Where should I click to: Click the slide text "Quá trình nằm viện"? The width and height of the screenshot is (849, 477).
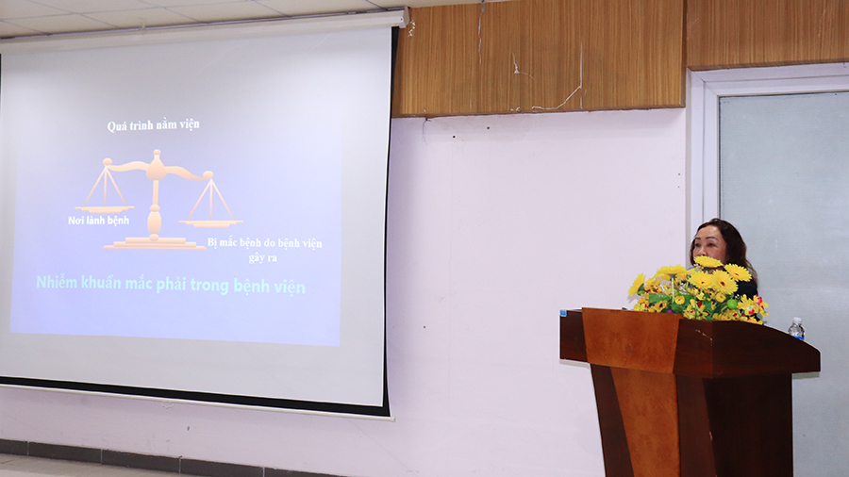[x=153, y=125]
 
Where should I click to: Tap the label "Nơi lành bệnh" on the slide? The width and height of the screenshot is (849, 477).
[x=98, y=220]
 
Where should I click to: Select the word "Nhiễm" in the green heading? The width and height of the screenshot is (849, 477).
[x=57, y=282]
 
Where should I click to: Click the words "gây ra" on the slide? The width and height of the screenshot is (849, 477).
[x=262, y=258]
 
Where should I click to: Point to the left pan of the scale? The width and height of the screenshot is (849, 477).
[x=104, y=208]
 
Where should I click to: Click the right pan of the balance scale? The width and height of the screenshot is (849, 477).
[x=210, y=222]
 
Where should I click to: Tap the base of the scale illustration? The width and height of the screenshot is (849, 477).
[x=155, y=243]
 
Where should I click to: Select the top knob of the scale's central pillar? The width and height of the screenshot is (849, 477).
[x=157, y=156]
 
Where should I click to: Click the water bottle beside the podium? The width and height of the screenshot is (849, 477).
[x=795, y=329]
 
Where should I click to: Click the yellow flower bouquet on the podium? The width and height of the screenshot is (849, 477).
[x=697, y=289]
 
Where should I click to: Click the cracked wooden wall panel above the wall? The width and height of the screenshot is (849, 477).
[x=539, y=59]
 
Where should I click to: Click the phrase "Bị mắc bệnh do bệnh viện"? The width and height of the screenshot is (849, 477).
[x=265, y=243]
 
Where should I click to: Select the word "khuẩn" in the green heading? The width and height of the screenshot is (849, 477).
[x=101, y=282]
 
